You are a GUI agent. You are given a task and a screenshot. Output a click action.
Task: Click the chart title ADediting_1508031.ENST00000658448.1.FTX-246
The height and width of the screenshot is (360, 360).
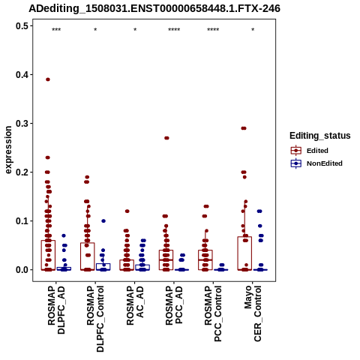[x=154, y=8]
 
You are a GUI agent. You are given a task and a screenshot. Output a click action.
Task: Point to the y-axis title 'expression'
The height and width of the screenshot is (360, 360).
[x=8, y=150]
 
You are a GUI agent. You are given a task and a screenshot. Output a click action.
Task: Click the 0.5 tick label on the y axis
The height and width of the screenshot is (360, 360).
[x=22, y=25]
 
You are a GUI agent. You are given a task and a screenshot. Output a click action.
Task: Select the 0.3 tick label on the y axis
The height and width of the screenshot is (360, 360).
[x=22, y=123]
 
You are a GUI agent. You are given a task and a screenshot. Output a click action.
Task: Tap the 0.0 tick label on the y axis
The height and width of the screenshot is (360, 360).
[x=22, y=270]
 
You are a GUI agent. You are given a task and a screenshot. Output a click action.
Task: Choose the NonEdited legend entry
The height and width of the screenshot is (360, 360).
[x=316, y=163]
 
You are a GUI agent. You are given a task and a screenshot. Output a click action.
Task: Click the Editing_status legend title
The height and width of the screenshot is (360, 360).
[x=320, y=136]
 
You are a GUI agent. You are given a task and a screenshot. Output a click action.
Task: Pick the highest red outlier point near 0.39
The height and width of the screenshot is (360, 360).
[x=48, y=79]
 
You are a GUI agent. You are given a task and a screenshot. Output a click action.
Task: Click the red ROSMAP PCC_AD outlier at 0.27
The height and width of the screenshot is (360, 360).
[x=166, y=138]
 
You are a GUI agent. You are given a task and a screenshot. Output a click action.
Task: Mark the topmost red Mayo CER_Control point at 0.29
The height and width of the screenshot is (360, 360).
[x=244, y=128]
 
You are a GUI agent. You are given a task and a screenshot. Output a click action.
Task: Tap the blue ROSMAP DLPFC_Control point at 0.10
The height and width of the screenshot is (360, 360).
[x=103, y=221]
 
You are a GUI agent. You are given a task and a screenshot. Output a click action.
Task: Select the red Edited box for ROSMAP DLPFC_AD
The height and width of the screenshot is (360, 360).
[x=48, y=255]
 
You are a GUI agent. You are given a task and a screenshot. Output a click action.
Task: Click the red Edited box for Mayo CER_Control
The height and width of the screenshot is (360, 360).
[x=244, y=253]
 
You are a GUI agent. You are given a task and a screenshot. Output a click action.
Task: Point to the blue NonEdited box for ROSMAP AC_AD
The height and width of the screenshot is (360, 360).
[x=142, y=267]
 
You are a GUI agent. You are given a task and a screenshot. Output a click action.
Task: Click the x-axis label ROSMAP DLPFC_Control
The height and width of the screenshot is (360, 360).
[x=95, y=319]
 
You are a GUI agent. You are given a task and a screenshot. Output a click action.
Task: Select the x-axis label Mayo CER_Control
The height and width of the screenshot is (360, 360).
[x=253, y=313]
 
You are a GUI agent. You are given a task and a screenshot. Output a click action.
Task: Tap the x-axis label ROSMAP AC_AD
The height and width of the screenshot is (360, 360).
[x=135, y=305]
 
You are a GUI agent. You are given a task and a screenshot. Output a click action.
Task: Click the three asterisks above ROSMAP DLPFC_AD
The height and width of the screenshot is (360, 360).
[x=56, y=30]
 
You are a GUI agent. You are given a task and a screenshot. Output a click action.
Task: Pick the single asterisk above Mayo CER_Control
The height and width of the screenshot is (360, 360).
[x=253, y=30]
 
